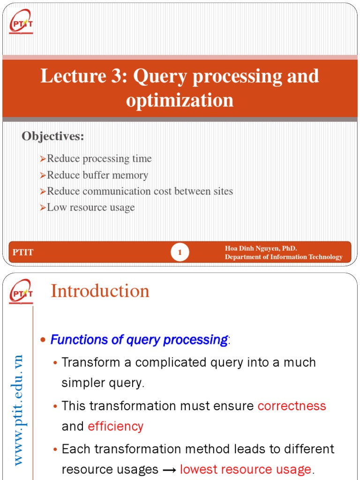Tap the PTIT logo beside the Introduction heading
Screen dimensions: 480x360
click(x=21, y=291)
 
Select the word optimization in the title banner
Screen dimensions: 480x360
click(x=180, y=100)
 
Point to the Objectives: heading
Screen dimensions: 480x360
click(x=53, y=136)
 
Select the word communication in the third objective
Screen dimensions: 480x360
click(x=115, y=191)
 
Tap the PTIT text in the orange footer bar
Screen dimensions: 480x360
click(x=23, y=253)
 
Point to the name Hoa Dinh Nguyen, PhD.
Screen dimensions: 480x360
click(x=261, y=248)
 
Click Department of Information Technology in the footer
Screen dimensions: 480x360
click(x=284, y=257)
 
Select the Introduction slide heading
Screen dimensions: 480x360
click(x=100, y=291)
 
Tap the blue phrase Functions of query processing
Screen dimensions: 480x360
click(x=139, y=340)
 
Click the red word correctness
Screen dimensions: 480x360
click(x=292, y=405)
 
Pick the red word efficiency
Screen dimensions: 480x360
click(x=115, y=426)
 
